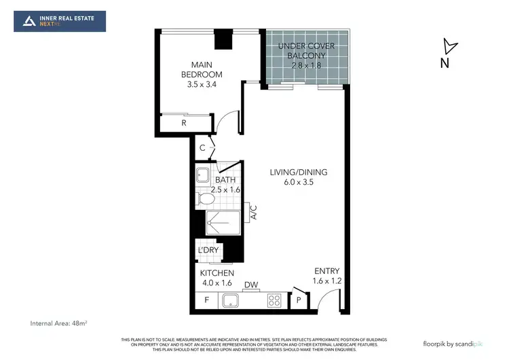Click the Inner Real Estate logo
pyautogui.click(x=60, y=21)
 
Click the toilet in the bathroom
pyautogui.click(x=204, y=198)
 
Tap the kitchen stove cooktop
pyautogui.click(x=275, y=299)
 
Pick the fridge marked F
pyautogui.click(x=206, y=299)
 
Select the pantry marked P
pyautogui.click(x=299, y=300)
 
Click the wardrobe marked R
pyautogui.click(x=183, y=123)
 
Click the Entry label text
pyautogui.click(x=326, y=271)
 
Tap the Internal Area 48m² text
pyautogui.click(x=60, y=322)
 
